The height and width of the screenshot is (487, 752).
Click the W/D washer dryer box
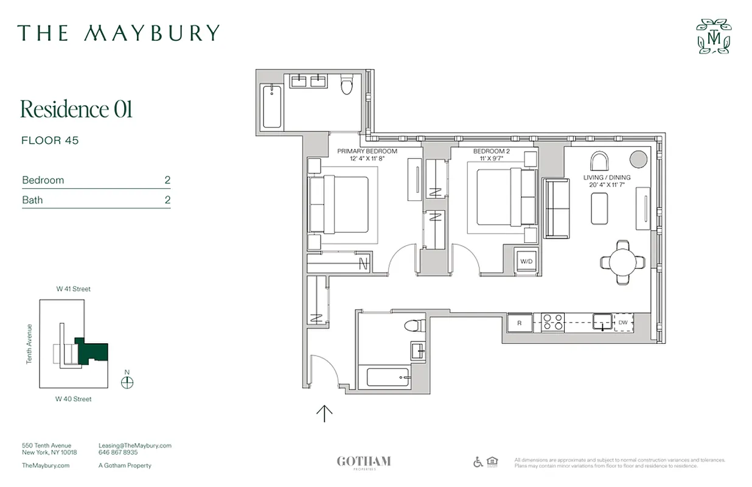tap(525, 262)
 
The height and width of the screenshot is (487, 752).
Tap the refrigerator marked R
tap(519, 323)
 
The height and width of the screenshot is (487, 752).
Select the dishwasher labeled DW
tap(623, 323)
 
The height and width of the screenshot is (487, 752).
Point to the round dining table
tap(622, 262)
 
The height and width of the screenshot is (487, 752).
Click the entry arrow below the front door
tap(324, 414)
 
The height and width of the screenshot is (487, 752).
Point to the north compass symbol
tap(127, 382)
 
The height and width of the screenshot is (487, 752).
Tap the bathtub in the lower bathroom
tap(389, 377)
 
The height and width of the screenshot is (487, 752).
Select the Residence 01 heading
tap(76, 110)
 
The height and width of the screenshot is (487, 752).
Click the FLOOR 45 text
tap(50, 141)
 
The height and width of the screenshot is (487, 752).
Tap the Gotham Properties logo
tap(364, 462)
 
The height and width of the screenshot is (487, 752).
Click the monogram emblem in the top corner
tap(714, 37)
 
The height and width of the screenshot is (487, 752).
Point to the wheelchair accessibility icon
tap(478, 462)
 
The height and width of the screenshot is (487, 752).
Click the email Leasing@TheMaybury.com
tap(134, 446)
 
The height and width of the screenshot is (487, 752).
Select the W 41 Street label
tap(74, 289)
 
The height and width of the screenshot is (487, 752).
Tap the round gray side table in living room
tap(638, 159)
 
